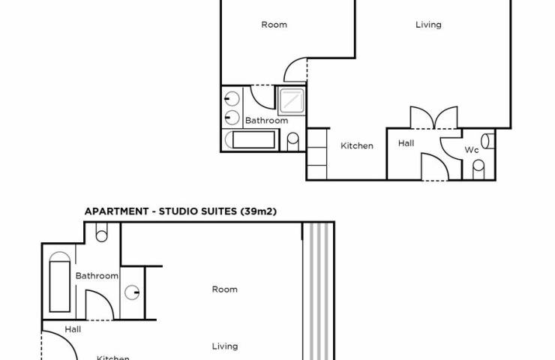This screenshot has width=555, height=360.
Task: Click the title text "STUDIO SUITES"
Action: (197, 211)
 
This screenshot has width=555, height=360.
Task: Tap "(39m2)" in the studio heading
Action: (259, 211)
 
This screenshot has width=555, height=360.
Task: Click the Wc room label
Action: (472, 150)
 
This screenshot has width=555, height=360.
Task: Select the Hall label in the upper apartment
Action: (406, 143)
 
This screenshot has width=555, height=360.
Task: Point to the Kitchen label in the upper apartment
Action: (357, 145)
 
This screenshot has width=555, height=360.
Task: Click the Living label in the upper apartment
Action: (428, 25)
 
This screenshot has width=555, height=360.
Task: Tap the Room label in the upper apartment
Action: (274, 25)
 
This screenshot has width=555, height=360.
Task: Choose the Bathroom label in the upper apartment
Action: (266, 120)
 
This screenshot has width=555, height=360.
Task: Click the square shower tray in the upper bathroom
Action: (291, 101)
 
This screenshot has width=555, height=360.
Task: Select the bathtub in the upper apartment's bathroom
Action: (250, 140)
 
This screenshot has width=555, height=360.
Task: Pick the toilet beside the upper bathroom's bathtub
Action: (292, 142)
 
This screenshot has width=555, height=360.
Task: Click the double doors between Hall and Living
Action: (433, 118)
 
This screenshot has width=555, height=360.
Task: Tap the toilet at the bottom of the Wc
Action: (478, 169)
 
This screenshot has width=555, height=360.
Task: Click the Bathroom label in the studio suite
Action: (97, 276)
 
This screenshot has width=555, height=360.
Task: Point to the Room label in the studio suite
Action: (225, 289)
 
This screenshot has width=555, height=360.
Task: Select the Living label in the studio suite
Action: (225, 346)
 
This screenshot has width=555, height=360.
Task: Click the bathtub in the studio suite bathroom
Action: (59, 282)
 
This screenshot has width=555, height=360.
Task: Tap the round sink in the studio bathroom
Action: (132, 292)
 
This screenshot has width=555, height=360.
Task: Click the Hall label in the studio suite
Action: (73, 329)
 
